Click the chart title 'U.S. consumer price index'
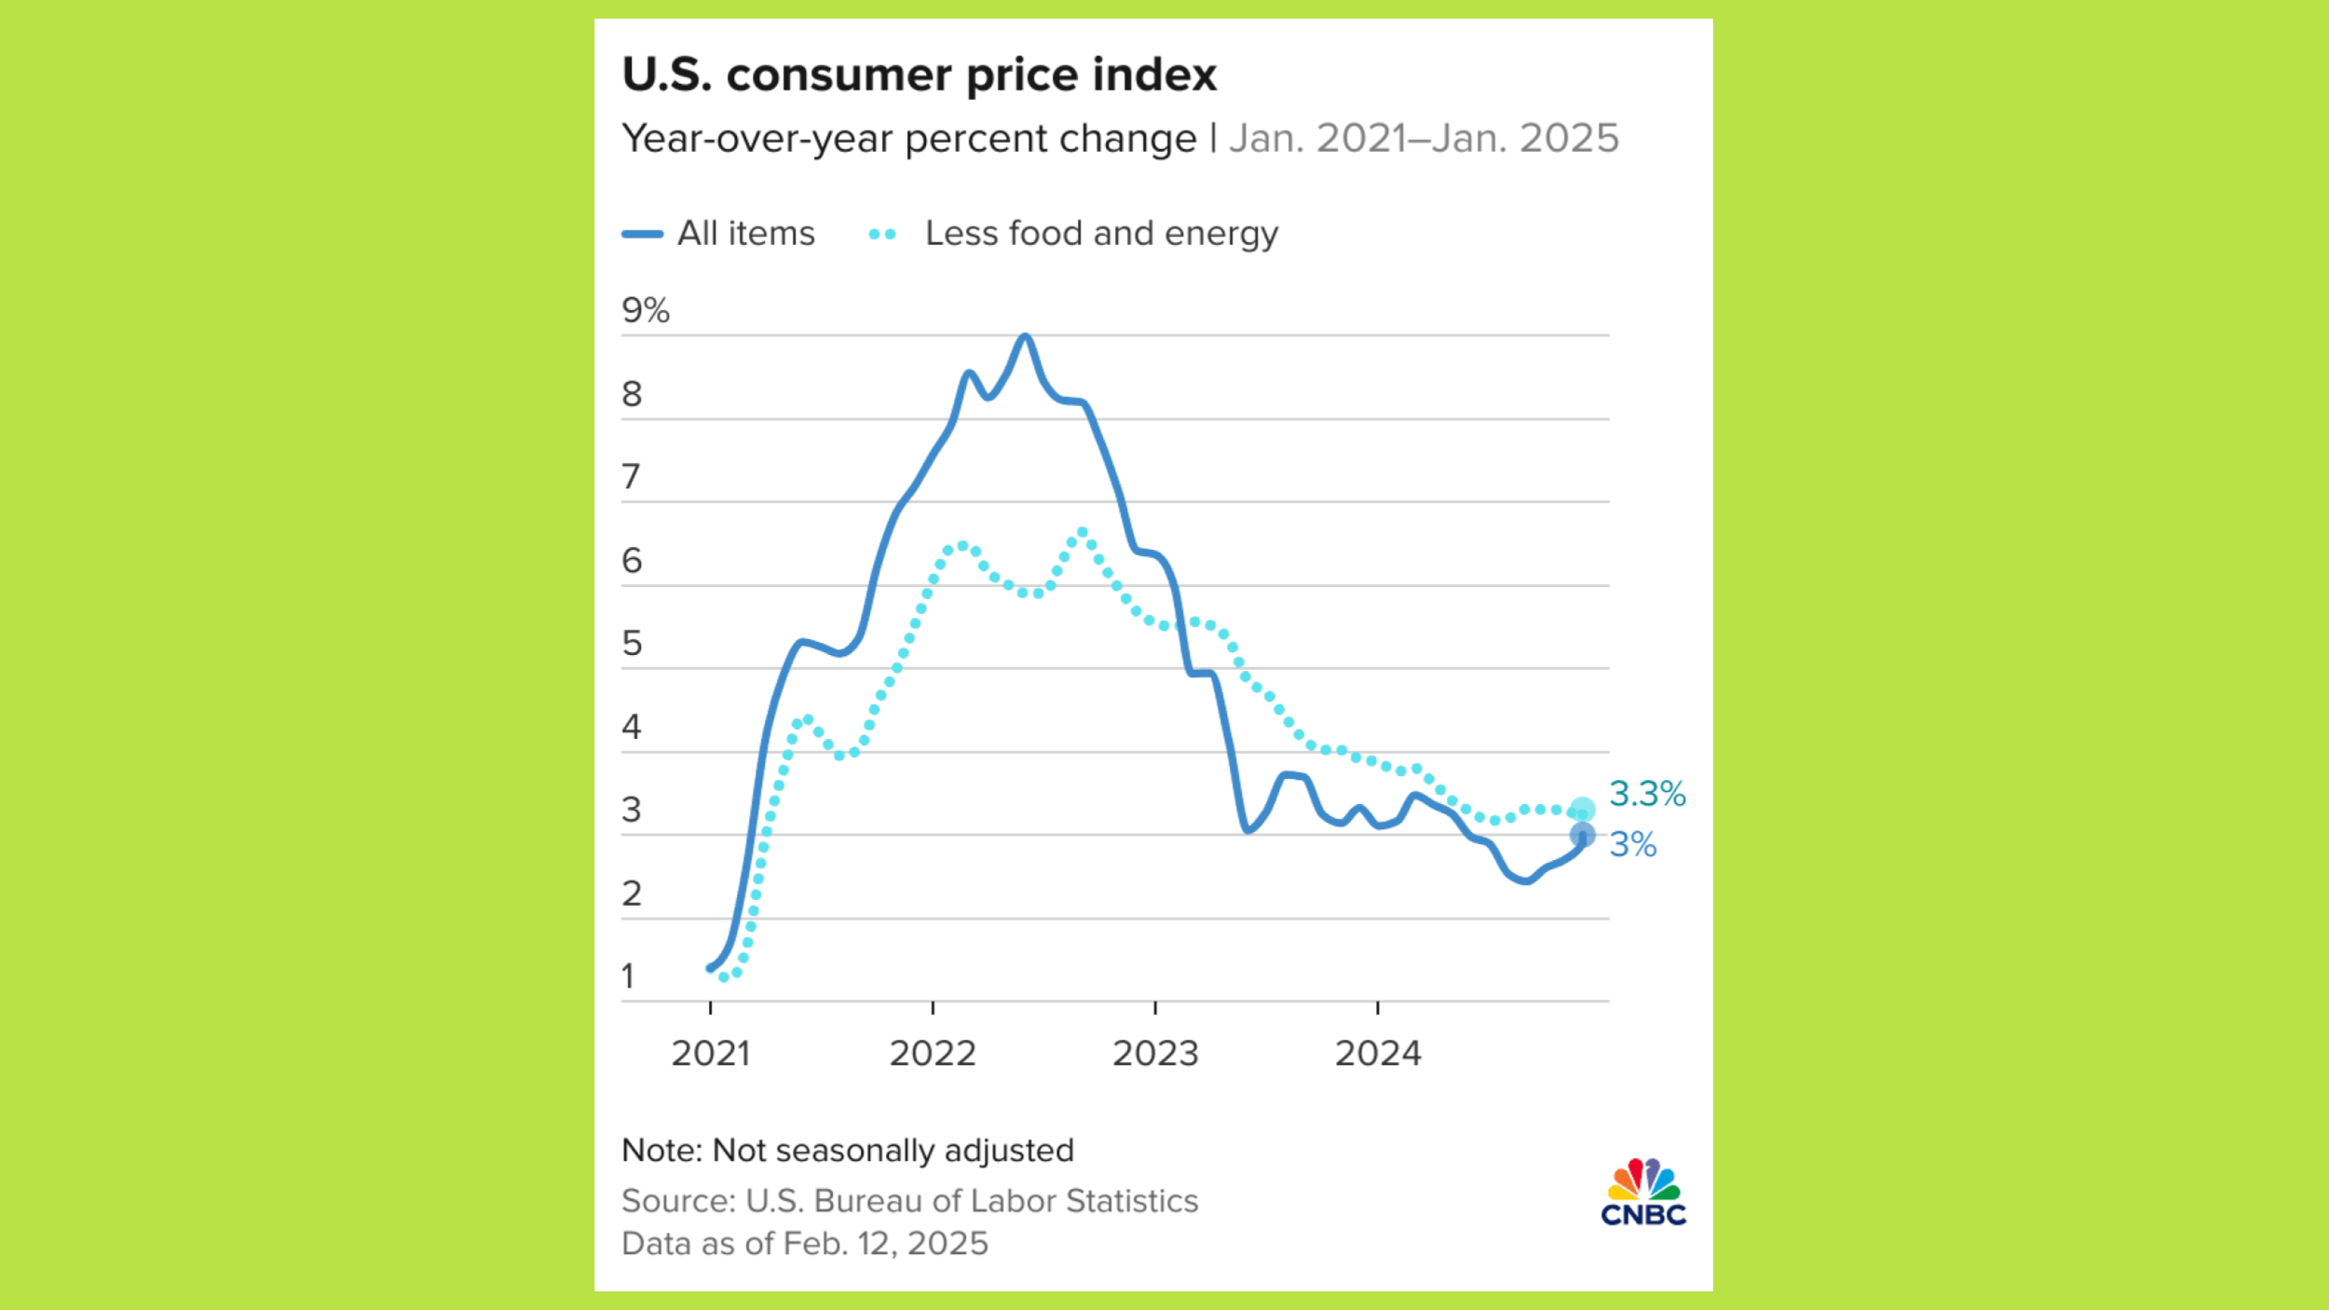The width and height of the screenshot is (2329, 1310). (919, 75)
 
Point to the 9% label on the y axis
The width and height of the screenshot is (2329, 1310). (645, 310)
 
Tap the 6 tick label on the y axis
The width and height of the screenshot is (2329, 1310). (632, 560)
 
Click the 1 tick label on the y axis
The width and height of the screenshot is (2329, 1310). (629, 976)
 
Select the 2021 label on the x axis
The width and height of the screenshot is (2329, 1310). (710, 1053)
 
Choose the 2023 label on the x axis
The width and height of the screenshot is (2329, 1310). (1155, 1053)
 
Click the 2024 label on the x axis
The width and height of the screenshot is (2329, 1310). (1378, 1053)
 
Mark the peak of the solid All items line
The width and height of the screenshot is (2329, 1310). (1025, 336)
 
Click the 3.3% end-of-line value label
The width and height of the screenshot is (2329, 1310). (1647, 794)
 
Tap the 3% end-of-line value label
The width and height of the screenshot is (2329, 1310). (1633, 844)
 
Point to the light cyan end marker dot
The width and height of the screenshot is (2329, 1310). (1582, 809)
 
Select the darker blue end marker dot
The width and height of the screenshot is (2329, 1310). (1582, 835)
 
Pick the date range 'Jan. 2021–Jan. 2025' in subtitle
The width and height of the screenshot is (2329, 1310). (1423, 138)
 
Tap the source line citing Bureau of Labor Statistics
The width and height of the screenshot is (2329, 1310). (909, 1200)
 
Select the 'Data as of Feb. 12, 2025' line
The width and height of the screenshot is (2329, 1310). (804, 1243)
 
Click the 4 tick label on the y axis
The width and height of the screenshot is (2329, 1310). (632, 727)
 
